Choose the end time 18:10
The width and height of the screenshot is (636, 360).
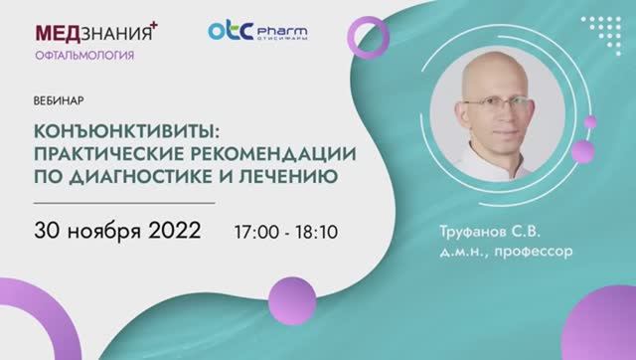pyautogui.click(x=317, y=232)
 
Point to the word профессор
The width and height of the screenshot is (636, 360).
pyautogui.click(x=539, y=252)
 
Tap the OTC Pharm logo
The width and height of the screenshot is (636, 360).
pyautogui.click(x=257, y=32)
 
